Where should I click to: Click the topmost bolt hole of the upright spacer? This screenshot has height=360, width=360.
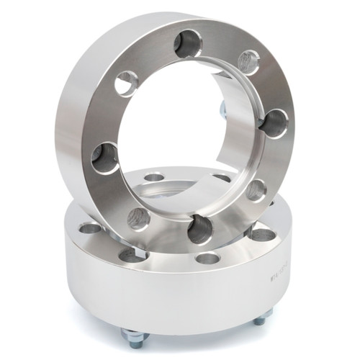(x=188, y=44)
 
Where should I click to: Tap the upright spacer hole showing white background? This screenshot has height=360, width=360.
(x=126, y=84)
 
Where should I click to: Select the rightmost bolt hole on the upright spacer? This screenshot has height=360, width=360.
(x=274, y=123)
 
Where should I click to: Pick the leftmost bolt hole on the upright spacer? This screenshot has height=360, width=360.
(x=105, y=157)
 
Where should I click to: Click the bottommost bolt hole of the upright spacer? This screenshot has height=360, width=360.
(x=201, y=229)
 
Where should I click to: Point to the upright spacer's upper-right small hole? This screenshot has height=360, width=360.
(x=248, y=62)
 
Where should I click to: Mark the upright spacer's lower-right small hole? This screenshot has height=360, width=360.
(x=256, y=190)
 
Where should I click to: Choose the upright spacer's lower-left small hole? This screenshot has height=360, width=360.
(x=139, y=218)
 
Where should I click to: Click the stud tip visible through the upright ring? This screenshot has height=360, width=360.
(x=222, y=109)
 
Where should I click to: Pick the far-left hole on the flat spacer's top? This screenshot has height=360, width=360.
(x=91, y=228)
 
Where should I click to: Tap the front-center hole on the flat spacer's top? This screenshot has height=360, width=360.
(x=207, y=258)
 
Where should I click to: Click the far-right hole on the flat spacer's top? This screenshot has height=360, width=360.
(x=263, y=234)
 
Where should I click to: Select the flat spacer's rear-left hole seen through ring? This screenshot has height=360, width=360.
(x=154, y=177)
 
